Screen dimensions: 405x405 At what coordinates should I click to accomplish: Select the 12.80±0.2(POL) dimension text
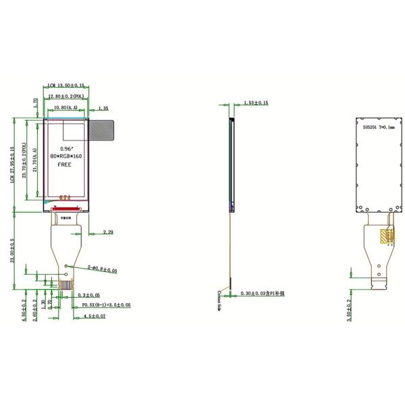click(x=67, y=97)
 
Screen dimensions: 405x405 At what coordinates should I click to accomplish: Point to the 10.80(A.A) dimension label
click(x=65, y=108)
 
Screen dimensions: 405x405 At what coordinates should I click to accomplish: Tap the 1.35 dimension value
click(x=104, y=108)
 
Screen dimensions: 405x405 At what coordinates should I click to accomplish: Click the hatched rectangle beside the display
click(x=102, y=131)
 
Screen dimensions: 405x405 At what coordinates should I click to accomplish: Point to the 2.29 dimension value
click(x=108, y=232)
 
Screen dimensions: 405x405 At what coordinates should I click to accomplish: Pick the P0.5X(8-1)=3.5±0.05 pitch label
click(x=106, y=305)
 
